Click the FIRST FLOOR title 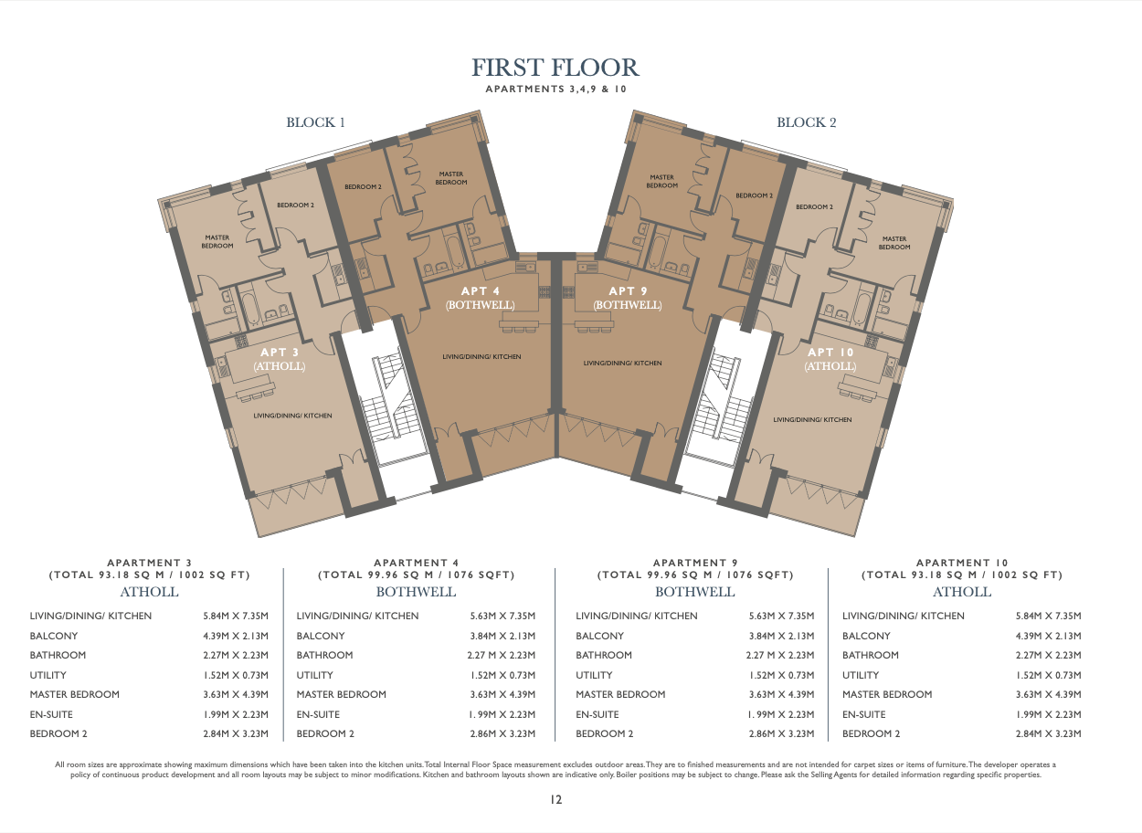click(x=555, y=68)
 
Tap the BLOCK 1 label click(x=315, y=122)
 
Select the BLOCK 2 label click(x=806, y=122)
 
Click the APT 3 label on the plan click(x=279, y=353)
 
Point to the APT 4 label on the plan click(x=480, y=291)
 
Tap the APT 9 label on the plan click(x=628, y=291)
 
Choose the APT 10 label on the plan click(x=830, y=353)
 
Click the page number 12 click(x=555, y=799)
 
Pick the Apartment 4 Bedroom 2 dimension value click(x=502, y=733)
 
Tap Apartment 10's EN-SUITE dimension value click(x=1048, y=714)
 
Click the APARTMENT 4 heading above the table click(x=416, y=563)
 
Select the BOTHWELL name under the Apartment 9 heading click(x=694, y=592)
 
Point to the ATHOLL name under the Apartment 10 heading click(x=962, y=592)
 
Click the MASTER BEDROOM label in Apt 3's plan click(x=217, y=241)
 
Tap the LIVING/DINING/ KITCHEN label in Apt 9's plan click(x=622, y=363)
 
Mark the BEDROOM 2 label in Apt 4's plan click(x=363, y=187)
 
